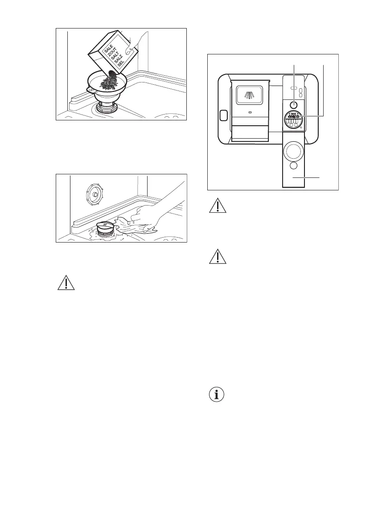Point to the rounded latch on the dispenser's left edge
(x=224, y=115)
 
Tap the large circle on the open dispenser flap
(x=294, y=150)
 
